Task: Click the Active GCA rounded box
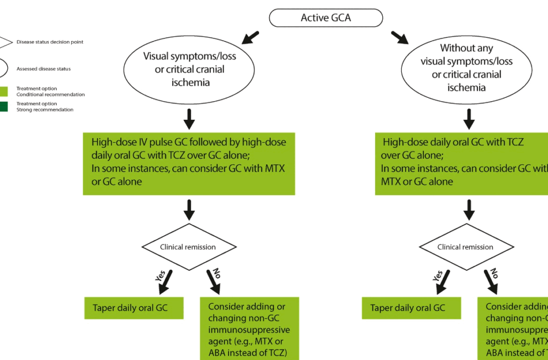pyautogui.click(x=325, y=18)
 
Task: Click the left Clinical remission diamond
pyautogui.click(x=188, y=247)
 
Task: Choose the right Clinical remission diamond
pyautogui.click(x=466, y=247)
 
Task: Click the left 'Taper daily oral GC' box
pyautogui.click(x=134, y=308)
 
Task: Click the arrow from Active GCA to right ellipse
pyautogui.click(x=399, y=37)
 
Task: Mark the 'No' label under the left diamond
pyautogui.click(x=217, y=274)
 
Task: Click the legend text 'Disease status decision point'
pyautogui.click(x=50, y=42)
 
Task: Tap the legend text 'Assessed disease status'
pyautogui.click(x=44, y=69)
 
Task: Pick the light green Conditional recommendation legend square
pyautogui.click(x=3, y=91)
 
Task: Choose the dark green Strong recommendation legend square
pyautogui.click(x=3, y=106)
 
